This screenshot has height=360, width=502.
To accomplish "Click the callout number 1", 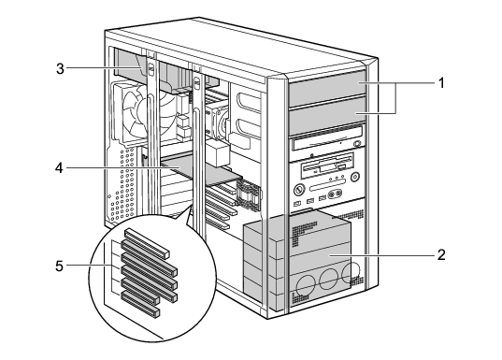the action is tap(441, 83).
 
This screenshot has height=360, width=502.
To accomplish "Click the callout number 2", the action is tap(441, 255).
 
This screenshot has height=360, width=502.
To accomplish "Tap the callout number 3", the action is tap(60, 68).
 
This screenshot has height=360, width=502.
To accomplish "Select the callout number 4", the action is tap(59, 167).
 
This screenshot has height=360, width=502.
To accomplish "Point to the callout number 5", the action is tap(59, 266).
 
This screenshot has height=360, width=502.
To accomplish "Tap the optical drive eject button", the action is tap(357, 144).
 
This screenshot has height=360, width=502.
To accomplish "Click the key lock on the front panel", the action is tap(298, 190).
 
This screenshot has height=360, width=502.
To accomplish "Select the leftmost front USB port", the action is tap(297, 204).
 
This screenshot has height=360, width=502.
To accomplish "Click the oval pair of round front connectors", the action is tap(335, 194).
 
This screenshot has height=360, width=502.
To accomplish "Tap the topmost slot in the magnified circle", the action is tap(147, 243).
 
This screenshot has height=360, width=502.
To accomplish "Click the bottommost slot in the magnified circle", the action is tap(140, 304).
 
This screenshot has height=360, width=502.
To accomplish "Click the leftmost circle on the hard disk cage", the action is tap(304, 286).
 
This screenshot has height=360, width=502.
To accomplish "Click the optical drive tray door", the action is tap(323, 143).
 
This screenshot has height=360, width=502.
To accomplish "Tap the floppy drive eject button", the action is tap(341, 167).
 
